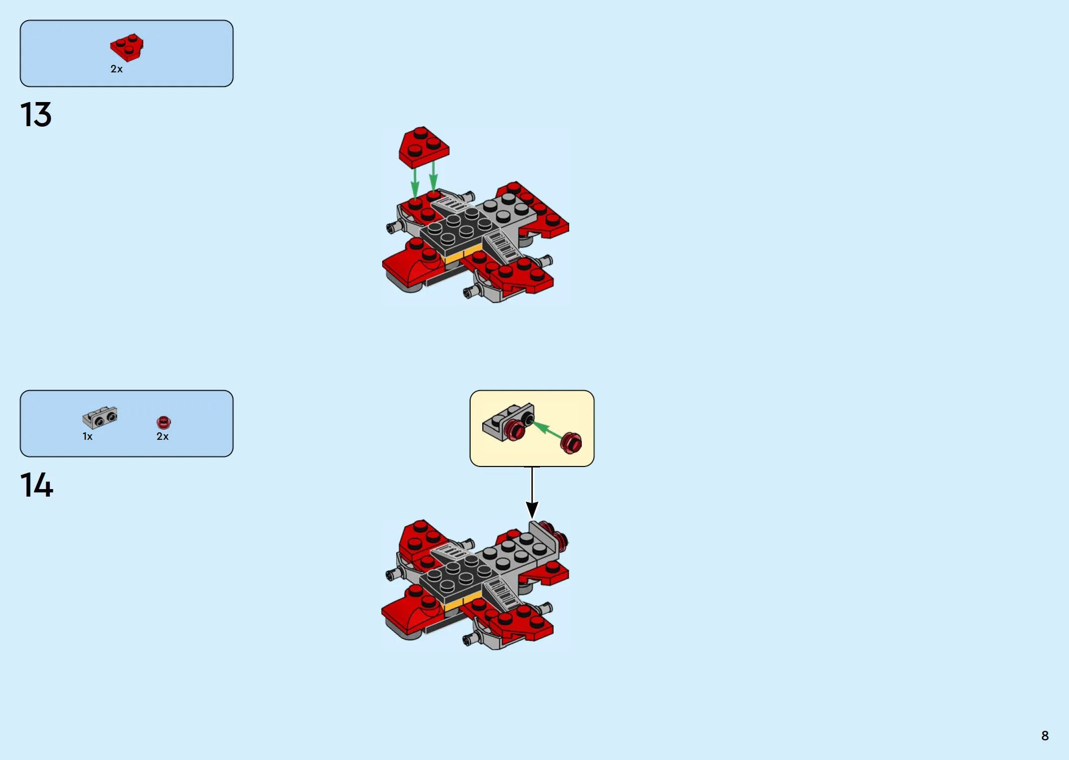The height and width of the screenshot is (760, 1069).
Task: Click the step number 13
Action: pos(36,115)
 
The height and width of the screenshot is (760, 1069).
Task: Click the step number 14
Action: pos(37,485)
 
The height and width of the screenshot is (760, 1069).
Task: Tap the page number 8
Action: pos(1045,736)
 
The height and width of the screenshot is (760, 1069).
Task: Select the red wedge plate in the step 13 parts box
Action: pos(127,47)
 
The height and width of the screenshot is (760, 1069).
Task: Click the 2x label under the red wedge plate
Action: pos(117,69)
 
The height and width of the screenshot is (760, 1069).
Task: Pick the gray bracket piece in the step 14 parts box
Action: pos(100,417)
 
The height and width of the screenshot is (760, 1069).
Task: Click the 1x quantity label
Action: pos(87,436)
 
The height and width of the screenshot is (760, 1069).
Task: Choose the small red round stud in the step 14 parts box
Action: pos(163,422)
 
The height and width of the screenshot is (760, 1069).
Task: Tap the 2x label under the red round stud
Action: pos(162,436)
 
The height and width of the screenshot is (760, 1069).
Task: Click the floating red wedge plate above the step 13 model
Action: pos(424,147)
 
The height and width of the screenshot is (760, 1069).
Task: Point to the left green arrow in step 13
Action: pos(415,182)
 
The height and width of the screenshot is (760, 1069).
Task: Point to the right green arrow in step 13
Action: pos(433,175)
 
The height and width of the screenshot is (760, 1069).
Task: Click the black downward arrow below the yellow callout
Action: pos(532,493)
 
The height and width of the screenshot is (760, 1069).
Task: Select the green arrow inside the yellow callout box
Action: pos(547,430)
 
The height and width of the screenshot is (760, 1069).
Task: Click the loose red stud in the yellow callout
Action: pos(571,443)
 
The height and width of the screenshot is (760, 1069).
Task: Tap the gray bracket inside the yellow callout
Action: pos(505,421)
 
